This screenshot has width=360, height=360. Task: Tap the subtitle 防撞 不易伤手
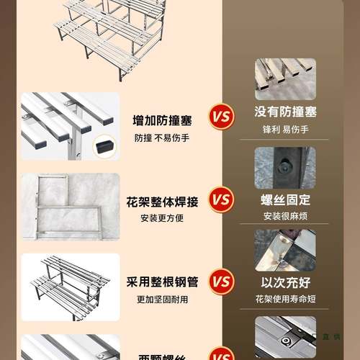point(161,138)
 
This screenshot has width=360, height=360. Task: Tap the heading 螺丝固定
point(286,199)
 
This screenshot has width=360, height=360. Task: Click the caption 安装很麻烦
point(286,216)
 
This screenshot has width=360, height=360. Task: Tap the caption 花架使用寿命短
point(286,298)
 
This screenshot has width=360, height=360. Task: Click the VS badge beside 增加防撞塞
point(221,115)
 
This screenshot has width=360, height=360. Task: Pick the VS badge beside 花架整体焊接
point(221,198)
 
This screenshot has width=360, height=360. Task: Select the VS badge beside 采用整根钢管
point(221,281)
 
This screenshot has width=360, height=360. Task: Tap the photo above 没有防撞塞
point(285,78)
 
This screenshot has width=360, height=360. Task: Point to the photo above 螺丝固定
point(285,167)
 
